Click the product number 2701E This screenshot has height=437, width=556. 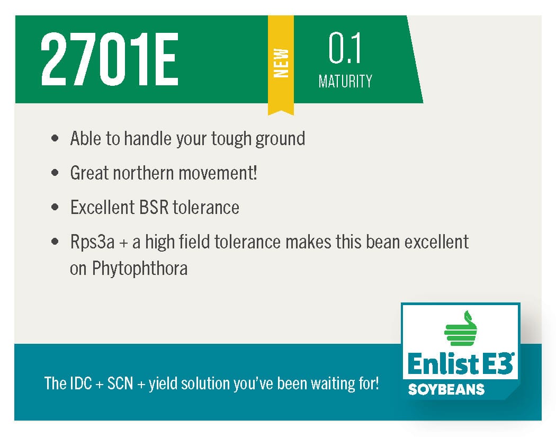[x=109, y=59]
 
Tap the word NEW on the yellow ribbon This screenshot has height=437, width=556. [x=281, y=63]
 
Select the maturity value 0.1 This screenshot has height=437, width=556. [x=345, y=48]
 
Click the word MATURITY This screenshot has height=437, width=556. [x=345, y=81]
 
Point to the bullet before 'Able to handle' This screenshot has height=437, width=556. [x=55, y=138]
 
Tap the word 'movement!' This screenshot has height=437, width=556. [x=218, y=173]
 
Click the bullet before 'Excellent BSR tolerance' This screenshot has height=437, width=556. [x=55, y=207]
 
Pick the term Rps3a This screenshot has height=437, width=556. [x=92, y=242]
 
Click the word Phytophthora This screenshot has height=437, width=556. [x=140, y=269]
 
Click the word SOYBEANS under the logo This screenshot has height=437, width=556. [x=446, y=389]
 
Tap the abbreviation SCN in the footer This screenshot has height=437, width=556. [x=120, y=384]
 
